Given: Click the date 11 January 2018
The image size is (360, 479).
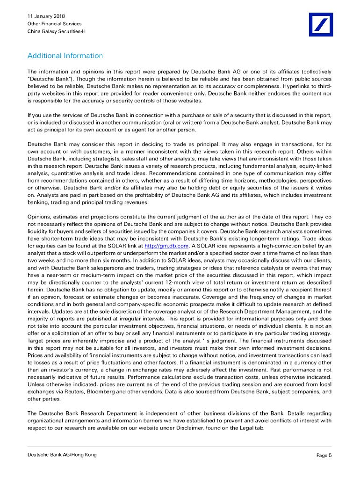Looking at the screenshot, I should [46, 16].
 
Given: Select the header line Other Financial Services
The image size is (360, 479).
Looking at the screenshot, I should [54, 24].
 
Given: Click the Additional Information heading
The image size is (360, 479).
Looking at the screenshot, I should [65, 56].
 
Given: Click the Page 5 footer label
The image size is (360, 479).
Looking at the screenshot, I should [324, 455].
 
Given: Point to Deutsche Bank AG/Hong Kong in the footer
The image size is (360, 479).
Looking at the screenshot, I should [62, 455].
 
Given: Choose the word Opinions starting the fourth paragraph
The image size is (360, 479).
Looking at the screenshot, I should [40, 217].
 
